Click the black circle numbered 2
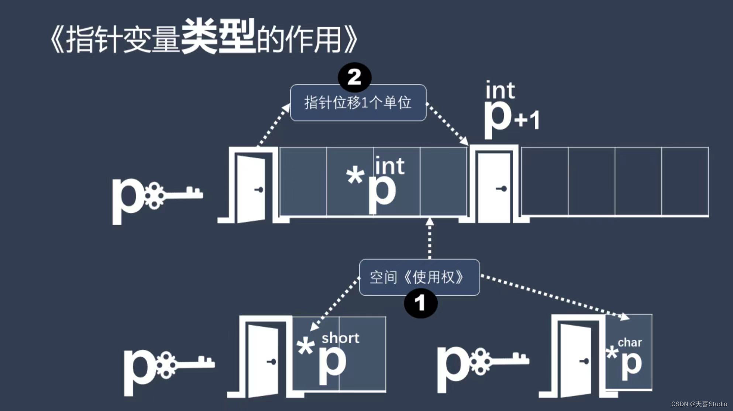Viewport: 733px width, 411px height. coord(354,77)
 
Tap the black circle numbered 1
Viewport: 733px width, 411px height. coord(420,304)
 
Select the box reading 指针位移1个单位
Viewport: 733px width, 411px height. coord(358,103)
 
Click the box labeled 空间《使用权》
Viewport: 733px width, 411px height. coord(419,277)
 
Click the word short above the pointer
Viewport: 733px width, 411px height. coord(340,338)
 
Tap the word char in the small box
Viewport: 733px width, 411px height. coord(630,342)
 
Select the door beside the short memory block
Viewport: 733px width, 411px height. coord(263,360)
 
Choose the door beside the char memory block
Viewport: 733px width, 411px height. coord(576,360)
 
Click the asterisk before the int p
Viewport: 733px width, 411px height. coord(355,176)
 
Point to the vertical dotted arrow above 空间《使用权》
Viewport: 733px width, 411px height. coord(429,238)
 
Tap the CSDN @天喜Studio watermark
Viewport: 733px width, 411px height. coord(699,404)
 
